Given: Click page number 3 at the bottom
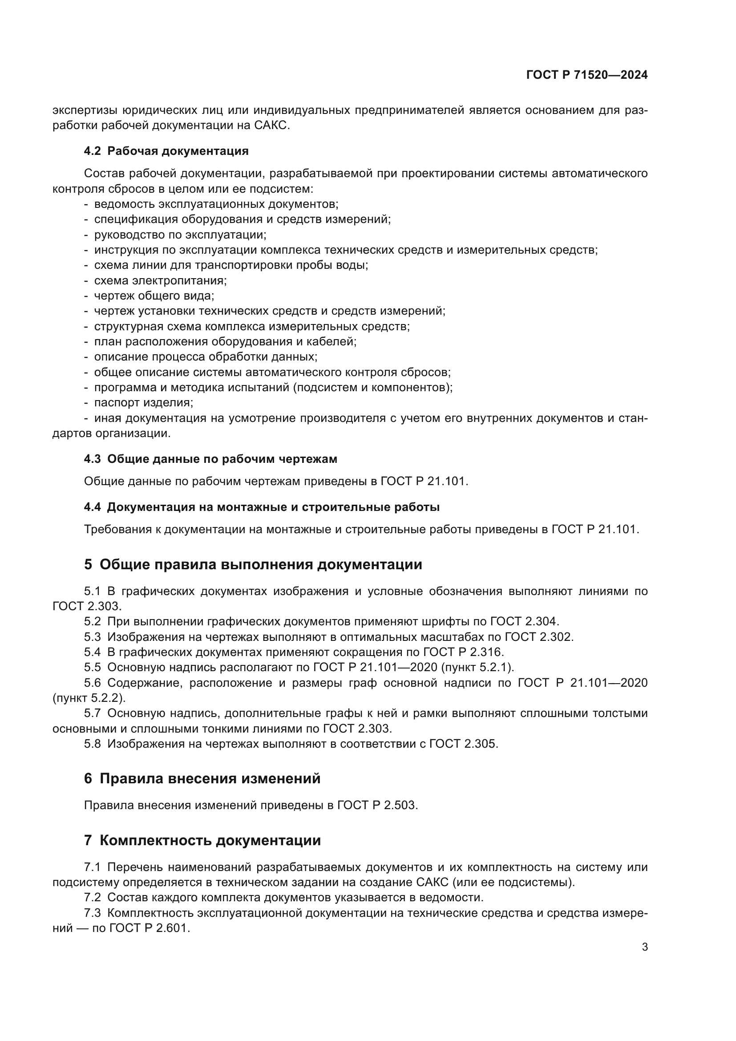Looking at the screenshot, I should pos(644,947).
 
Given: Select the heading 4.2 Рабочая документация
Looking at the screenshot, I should pos(166,151).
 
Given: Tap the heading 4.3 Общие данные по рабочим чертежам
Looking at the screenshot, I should pos(210,459).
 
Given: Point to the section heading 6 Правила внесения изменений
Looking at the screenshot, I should pos(202,778).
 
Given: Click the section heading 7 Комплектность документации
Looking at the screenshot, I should pos(202,840).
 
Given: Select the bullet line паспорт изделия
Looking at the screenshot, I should pos(143,403).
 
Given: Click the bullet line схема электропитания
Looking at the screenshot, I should pos(160,281).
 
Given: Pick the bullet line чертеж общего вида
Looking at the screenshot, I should pos(154,296).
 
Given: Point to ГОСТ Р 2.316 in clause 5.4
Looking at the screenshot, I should pos(463,652).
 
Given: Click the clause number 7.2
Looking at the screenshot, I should pos(93,897).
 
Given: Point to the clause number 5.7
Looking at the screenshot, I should pos(93,713).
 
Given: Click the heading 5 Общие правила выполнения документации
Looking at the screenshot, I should pos(253,564).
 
